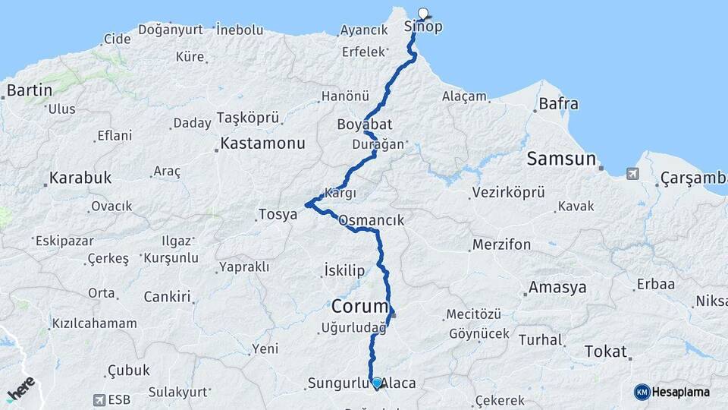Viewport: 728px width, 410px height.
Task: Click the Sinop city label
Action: tap(423, 27)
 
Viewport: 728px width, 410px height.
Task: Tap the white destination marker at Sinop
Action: tap(423, 12)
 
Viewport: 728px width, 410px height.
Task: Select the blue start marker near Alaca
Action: tap(376, 382)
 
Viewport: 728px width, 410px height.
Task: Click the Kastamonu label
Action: tap(263, 143)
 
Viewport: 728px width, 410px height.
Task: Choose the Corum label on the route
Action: tap(359, 306)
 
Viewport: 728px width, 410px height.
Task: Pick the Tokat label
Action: tap(606, 352)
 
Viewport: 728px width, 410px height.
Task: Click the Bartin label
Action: tap(30, 90)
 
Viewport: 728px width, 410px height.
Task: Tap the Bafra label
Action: tap(558, 104)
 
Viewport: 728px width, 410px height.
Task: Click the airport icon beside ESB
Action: tap(99, 399)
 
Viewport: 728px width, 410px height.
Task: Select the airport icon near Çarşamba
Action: tap(632, 174)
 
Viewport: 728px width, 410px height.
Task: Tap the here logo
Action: tap(20, 389)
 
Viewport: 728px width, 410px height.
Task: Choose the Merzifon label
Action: tap(501, 244)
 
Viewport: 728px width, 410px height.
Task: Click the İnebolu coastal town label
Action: tap(240, 30)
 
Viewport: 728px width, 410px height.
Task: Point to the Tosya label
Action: tap(278, 214)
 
